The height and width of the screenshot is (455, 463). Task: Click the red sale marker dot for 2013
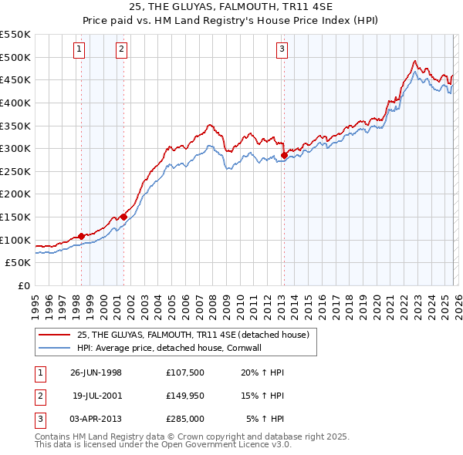click(284, 155)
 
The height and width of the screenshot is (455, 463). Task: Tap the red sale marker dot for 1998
click(82, 236)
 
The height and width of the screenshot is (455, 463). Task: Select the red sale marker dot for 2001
click(123, 217)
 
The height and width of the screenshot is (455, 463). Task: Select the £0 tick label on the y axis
click(25, 286)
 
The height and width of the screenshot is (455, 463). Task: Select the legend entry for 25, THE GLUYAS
click(193, 335)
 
